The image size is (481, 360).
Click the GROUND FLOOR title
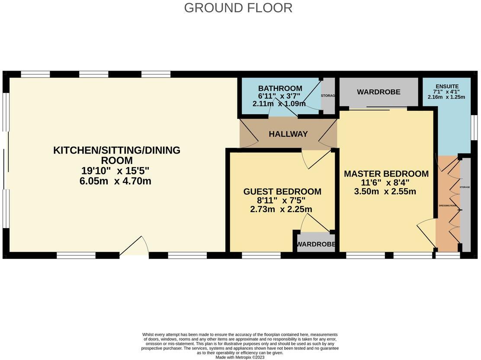click(x=238, y=8)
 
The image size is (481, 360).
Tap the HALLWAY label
click(x=288, y=134)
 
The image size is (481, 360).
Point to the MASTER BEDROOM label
click(x=386, y=174)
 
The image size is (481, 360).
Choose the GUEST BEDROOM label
click(x=282, y=191)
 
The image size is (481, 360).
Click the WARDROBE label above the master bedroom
click(x=378, y=92)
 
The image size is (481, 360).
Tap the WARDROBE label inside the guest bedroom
click(x=316, y=244)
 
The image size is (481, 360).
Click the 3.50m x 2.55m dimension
click(x=385, y=191)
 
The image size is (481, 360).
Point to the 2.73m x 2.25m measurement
click(x=281, y=209)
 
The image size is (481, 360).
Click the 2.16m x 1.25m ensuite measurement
click(x=446, y=97)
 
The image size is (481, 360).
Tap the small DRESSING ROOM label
click(x=448, y=206)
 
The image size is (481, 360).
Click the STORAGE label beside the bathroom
click(x=328, y=95)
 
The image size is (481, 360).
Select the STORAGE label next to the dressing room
click(x=465, y=187)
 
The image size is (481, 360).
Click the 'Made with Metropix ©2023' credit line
click(x=240, y=357)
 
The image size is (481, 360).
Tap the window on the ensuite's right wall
click(x=475, y=128)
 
